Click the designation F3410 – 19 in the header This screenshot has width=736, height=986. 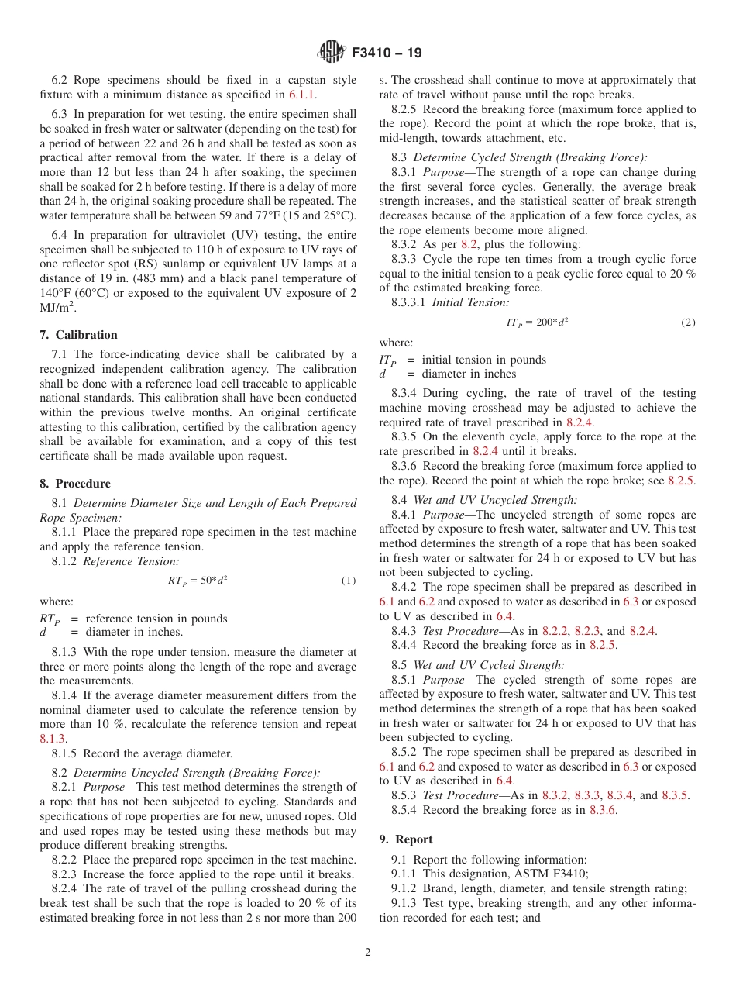[387, 53]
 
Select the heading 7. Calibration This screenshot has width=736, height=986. [78, 335]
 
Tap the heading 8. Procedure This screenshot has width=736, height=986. [75, 484]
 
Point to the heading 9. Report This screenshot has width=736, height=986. [406, 839]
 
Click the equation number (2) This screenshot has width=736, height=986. [688, 322]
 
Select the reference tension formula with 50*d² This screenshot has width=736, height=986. [198, 580]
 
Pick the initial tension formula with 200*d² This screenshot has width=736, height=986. [537, 322]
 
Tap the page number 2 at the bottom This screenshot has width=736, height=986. [368, 953]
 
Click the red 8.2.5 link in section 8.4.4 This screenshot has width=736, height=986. [603, 645]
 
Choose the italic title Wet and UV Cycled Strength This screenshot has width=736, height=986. [489, 665]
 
